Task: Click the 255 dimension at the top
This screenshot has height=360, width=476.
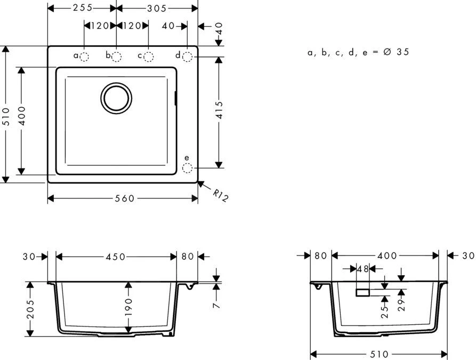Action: click(x=82, y=8)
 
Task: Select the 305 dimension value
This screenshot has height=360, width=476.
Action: click(x=156, y=8)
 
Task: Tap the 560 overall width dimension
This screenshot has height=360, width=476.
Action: click(x=123, y=198)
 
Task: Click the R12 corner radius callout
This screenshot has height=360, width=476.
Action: click(x=220, y=196)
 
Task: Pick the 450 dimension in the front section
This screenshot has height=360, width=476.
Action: click(x=115, y=257)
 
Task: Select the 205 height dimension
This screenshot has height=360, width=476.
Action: click(x=30, y=309)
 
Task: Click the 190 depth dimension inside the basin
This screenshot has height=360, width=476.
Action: click(x=128, y=308)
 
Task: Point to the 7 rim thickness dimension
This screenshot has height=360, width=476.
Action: click(x=216, y=306)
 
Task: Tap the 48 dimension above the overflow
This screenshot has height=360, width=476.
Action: click(x=363, y=269)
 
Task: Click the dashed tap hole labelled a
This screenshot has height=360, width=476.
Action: click(x=85, y=56)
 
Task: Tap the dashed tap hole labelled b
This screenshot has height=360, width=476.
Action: click(x=116, y=56)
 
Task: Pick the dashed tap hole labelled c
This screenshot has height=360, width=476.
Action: click(x=149, y=56)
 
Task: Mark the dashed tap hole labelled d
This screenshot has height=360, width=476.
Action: click(x=187, y=56)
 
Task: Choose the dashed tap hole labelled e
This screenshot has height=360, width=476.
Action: click(x=187, y=168)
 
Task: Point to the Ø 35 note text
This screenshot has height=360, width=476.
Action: click(x=358, y=52)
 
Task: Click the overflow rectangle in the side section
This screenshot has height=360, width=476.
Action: click(x=363, y=292)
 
